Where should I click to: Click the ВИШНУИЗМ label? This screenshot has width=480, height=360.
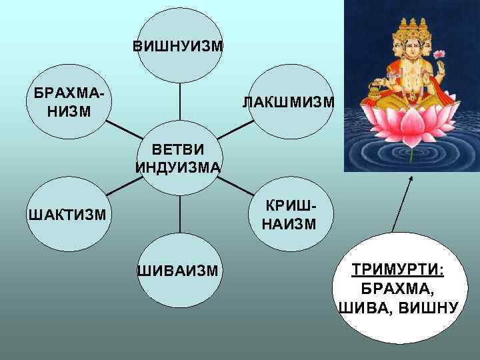tap(178, 47)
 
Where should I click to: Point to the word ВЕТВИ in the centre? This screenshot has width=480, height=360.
tap(178, 151)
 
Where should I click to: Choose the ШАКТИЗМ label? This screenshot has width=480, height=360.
tap(66, 214)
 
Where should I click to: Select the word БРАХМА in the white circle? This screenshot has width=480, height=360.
tap(399, 290)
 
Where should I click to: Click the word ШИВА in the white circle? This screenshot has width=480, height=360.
tap(365, 307)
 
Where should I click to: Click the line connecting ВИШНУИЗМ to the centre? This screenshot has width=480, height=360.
tap(180, 100)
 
